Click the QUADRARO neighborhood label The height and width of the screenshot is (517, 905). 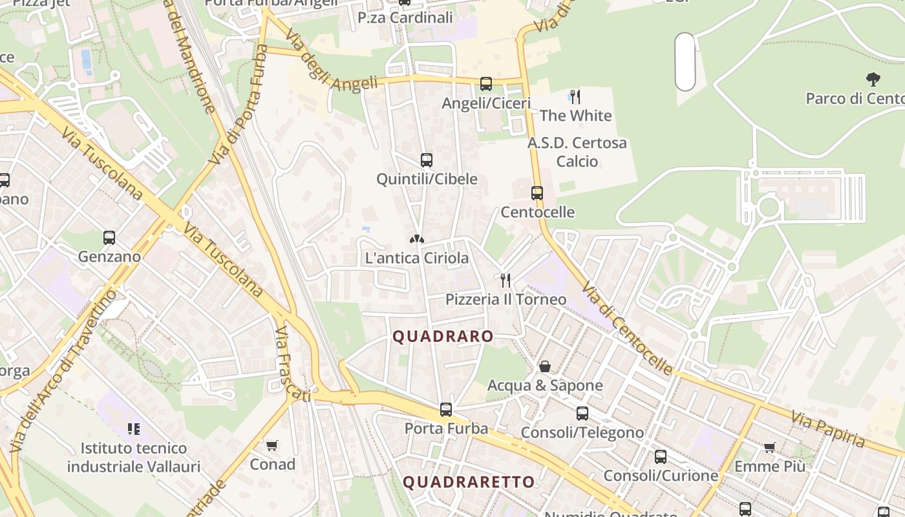pyautogui.click(x=443, y=337)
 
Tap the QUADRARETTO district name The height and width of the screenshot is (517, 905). pyautogui.click(x=469, y=482)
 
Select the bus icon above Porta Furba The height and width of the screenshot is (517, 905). pyautogui.click(x=446, y=409)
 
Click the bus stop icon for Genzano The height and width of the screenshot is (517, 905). pyautogui.click(x=109, y=238)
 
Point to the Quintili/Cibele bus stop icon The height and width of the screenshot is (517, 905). pyautogui.click(x=427, y=160)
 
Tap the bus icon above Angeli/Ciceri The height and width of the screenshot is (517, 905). pyautogui.click(x=486, y=84)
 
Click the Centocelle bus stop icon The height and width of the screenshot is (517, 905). pyautogui.click(x=537, y=193)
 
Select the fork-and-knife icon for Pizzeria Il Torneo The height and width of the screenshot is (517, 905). pyautogui.click(x=506, y=280)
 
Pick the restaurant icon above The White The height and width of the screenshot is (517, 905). pyautogui.click(x=575, y=97)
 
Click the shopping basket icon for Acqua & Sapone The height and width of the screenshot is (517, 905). pyautogui.click(x=545, y=366)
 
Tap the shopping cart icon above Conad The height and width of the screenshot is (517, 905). pyautogui.click(x=272, y=445)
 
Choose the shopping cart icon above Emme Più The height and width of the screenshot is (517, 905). pyautogui.click(x=770, y=447)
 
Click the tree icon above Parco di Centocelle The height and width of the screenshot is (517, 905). pyautogui.click(x=873, y=79)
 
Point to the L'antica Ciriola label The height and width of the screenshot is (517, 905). pyautogui.click(x=417, y=258)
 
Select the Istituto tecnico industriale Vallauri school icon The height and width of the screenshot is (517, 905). pyautogui.click(x=134, y=428)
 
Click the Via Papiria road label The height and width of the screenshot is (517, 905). pyautogui.click(x=828, y=431)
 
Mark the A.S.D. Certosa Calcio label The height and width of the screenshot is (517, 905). pyautogui.click(x=577, y=152)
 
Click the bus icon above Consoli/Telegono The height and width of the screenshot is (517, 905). pyautogui.click(x=582, y=414)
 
